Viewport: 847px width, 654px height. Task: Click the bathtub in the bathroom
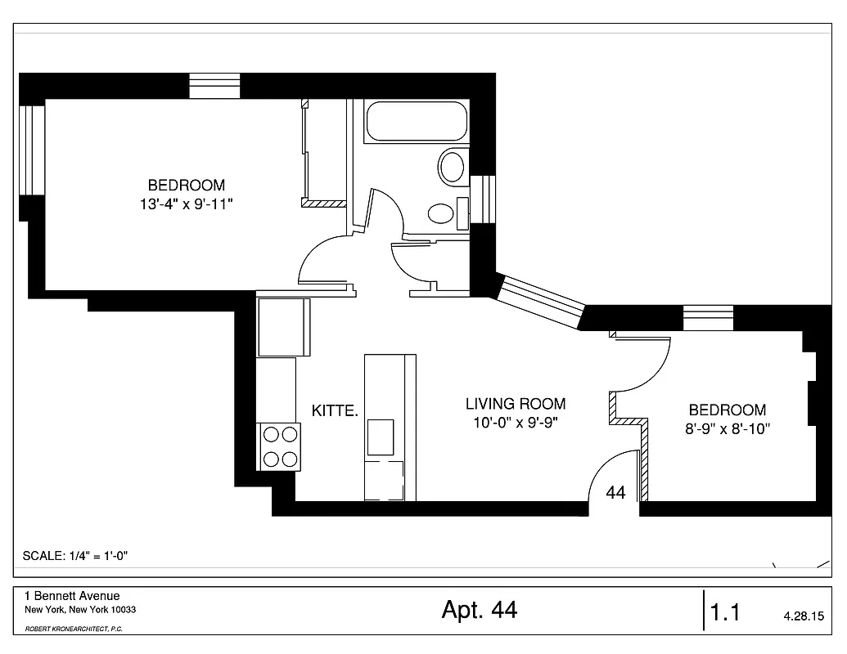pyautogui.click(x=416, y=122)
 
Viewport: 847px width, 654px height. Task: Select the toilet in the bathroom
pyautogui.click(x=452, y=166)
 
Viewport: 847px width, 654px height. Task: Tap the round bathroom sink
pyautogui.click(x=441, y=214)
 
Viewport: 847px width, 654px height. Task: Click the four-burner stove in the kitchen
pyautogui.click(x=279, y=447)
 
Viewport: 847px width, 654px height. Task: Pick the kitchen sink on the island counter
pyautogui.click(x=381, y=437)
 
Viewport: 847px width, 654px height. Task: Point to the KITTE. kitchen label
pyautogui.click(x=336, y=411)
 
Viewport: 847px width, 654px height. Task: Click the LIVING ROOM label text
pyautogui.click(x=516, y=404)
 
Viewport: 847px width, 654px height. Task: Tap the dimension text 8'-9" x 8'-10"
pyautogui.click(x=728, y=428)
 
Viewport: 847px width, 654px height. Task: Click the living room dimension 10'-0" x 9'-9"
pyautogui.click(x=516, y=422)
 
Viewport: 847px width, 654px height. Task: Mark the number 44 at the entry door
pyautogui.click(x=616, y=493)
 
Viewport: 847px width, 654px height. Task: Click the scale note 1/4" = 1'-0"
pyautogui.click(x=75, y=556)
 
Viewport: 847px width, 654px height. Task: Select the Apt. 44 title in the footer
pyautogui.click(x=480, y=610)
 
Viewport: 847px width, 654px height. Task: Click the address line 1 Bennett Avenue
pyautogui.click(x=72, y=597)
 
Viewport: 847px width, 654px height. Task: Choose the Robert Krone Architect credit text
pyautogui.click(x=74, y=629)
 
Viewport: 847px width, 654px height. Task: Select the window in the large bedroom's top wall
pyautogui.click(x=214, y=86)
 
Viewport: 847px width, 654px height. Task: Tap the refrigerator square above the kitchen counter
pyautogui.click(x=283, y=327)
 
